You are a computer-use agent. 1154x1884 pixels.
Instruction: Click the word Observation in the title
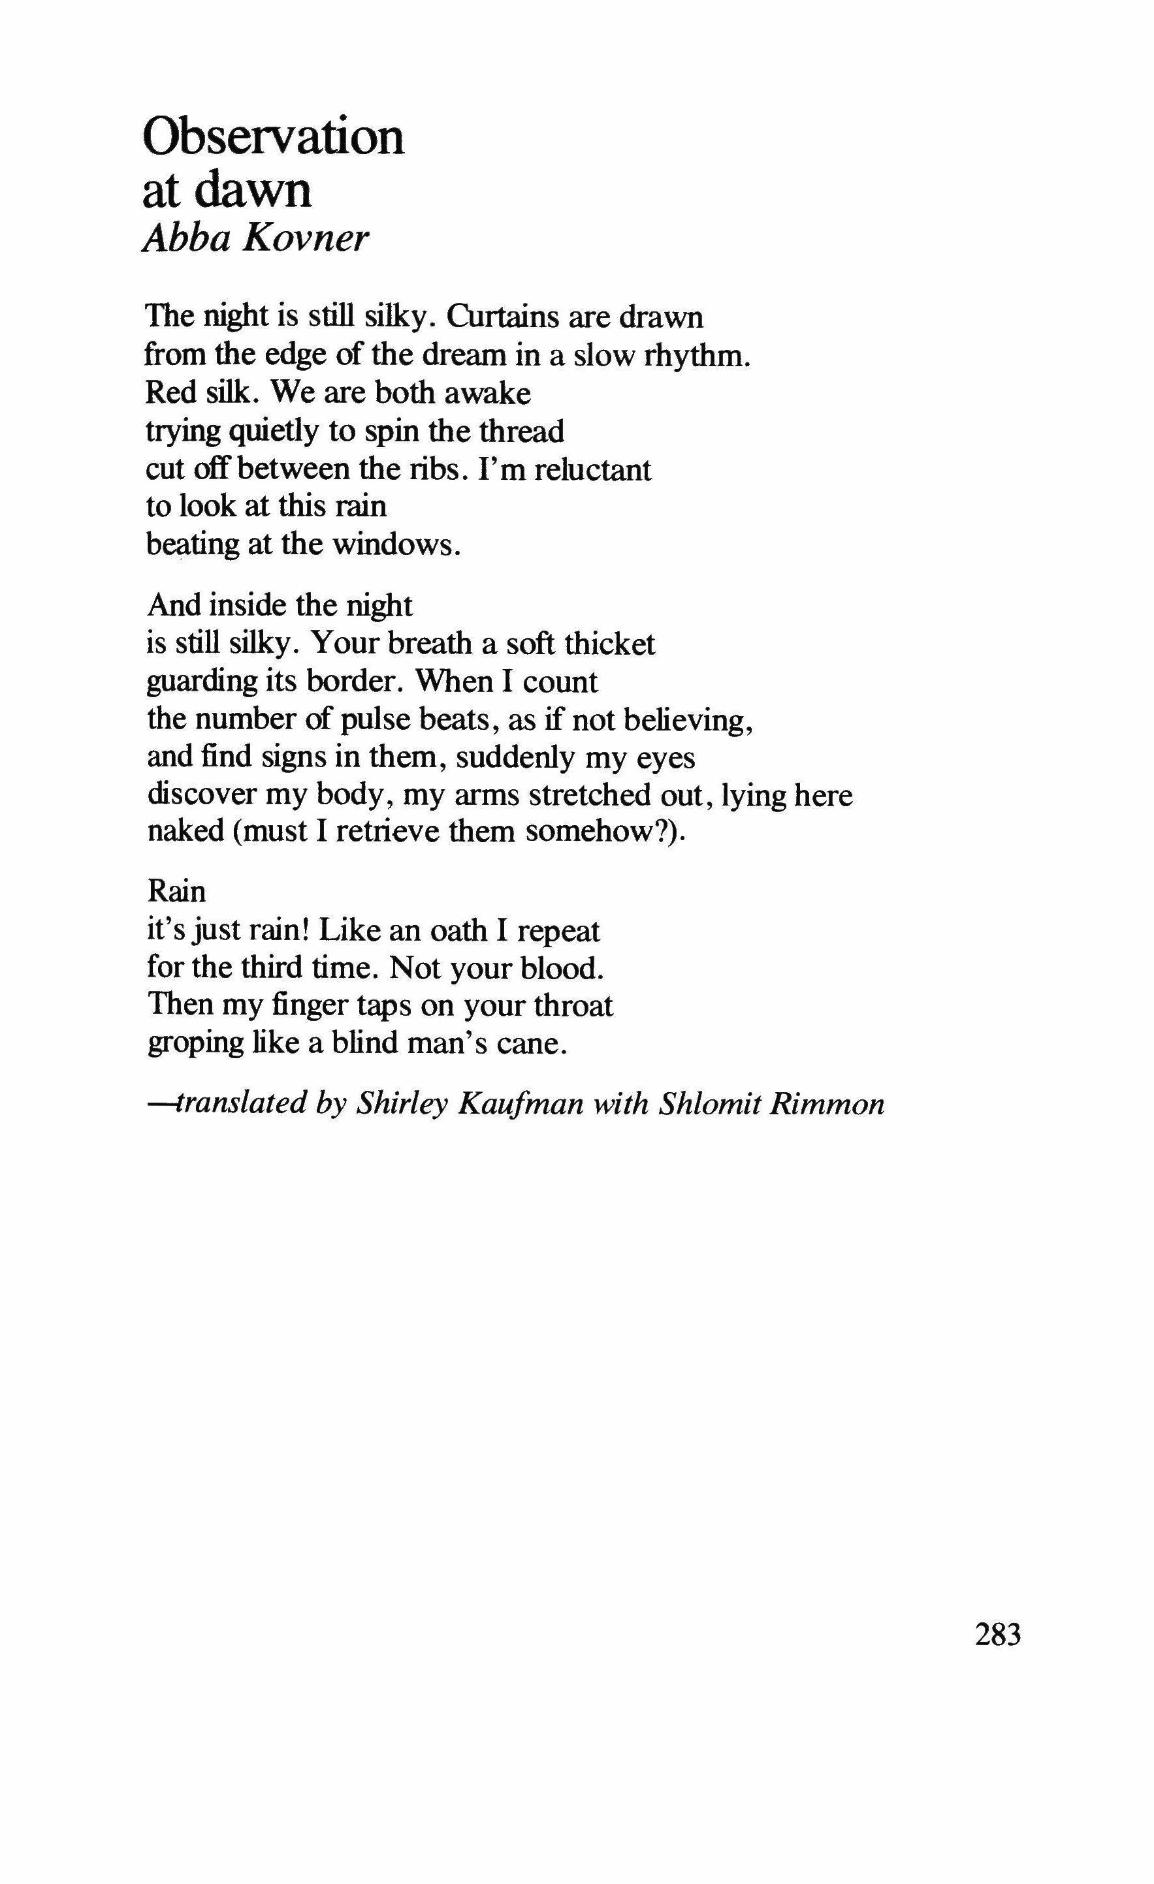pyautogui.click(x=273, y=138)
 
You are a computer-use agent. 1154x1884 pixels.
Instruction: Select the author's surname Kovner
pyautogui.click(x=306, y=240)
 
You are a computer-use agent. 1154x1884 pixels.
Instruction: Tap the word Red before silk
pyautogui.click(x=167, y=393)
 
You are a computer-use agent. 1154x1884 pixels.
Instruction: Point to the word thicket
pyautogui.click(x=609, y=644)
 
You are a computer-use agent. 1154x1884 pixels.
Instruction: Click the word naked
pyautogui.click(x=185, y=831)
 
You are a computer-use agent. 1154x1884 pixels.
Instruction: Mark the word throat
pyautogui.click(x=573, y=1005)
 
